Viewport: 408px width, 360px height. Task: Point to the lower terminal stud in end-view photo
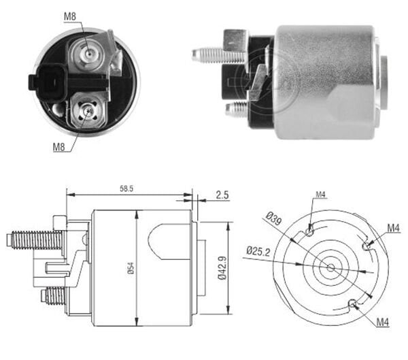87,110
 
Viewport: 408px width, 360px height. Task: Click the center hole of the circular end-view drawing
330,267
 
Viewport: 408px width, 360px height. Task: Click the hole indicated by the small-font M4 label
310,231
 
